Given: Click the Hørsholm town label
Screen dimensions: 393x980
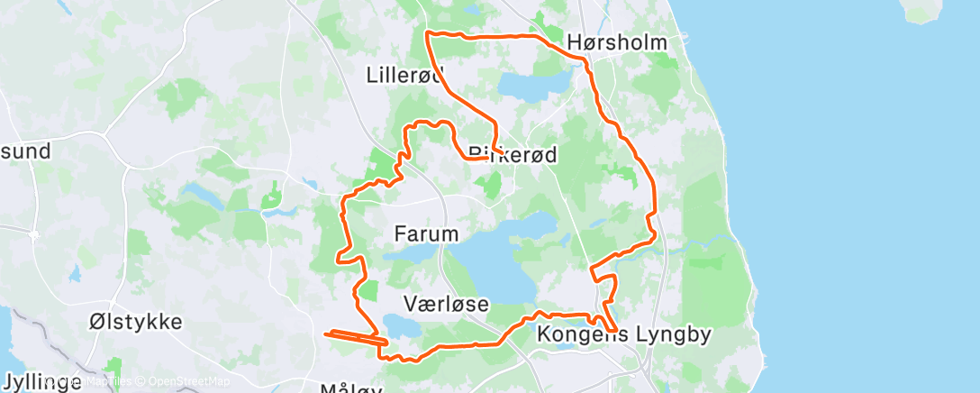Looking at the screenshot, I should (x=617, y=42).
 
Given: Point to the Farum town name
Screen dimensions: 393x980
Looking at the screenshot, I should (x=426, y=234).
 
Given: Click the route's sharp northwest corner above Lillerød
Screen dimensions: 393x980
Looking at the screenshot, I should (x=427, y=33).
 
